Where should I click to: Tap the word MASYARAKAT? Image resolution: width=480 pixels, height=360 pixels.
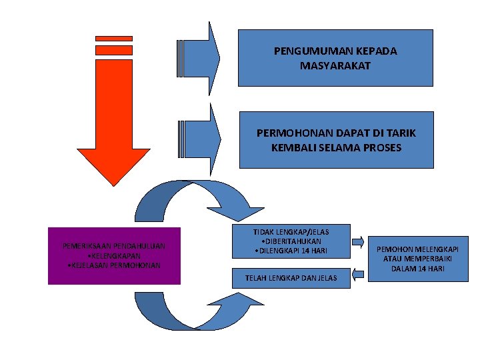(336, 65)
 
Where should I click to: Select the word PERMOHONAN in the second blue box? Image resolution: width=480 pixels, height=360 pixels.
(291, 133)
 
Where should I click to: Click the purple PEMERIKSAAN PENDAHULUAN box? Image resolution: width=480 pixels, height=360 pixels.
(114, 256)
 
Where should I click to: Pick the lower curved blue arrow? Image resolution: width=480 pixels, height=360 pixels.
(193, 310)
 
